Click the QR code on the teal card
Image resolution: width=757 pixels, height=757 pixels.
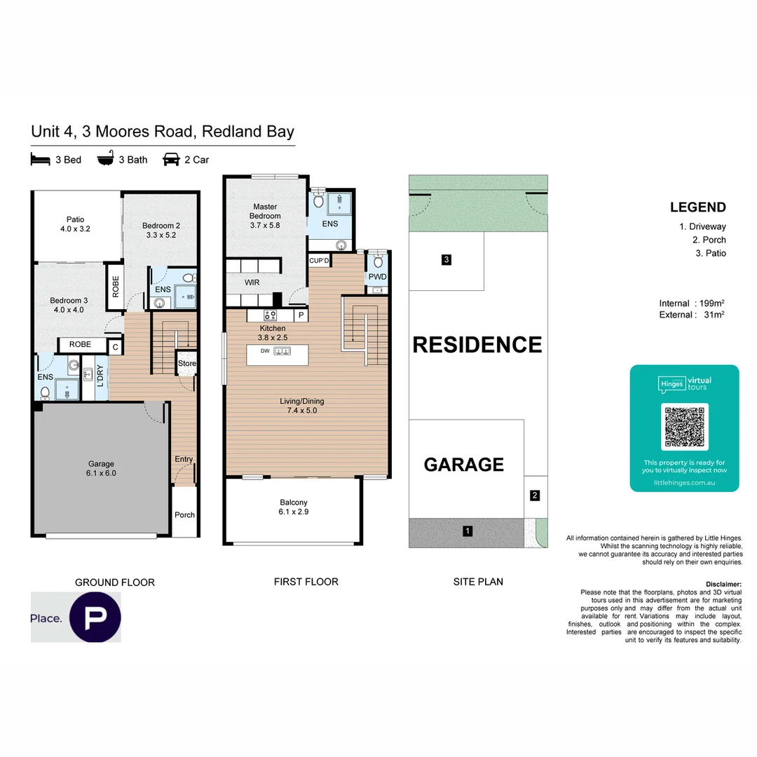tap(684, 426)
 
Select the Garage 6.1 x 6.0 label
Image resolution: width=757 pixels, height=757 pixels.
tap(101, 468)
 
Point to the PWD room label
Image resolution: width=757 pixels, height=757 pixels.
tap(377, 277)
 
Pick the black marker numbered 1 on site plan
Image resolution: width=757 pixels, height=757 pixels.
tap(468, 531)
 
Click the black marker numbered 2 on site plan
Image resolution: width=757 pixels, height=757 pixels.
tap(535, 496)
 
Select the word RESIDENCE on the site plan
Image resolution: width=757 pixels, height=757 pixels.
tap(477, 345)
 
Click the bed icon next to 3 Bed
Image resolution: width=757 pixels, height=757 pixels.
tap(41, 159)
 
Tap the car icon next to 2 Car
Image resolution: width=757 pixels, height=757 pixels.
tap(170, 159)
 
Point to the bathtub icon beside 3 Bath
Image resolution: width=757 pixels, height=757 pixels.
tap(105, 159)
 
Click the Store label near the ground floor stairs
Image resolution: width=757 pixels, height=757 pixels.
tap(186, 364)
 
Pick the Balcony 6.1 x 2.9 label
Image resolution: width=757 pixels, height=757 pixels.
tap(293, 507)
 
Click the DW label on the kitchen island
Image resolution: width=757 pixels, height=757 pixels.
tap(265, 350)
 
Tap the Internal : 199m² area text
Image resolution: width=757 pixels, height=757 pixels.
tap(691, 303)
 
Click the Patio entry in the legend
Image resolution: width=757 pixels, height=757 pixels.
tap(710, 253)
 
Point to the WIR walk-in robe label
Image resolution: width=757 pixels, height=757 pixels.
tap(252, 283)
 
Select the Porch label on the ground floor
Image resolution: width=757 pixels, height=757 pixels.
tap(184, 515)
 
